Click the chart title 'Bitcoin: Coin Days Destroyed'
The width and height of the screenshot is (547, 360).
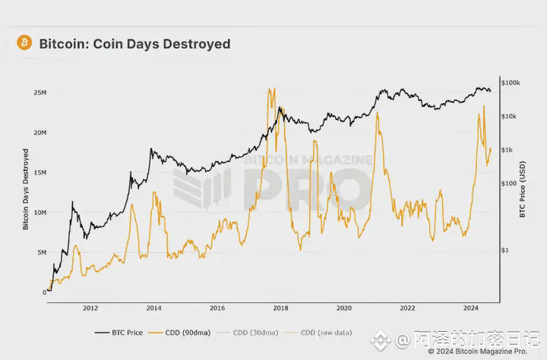point(134,44)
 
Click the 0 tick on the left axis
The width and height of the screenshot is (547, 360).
point(44,292)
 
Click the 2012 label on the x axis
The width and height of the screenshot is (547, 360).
point(90,308)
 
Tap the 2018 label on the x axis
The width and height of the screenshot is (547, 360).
point(280,308)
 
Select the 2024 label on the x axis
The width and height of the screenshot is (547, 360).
point(470,308)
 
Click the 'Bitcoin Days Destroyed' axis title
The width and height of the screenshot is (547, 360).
point(25,189)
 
